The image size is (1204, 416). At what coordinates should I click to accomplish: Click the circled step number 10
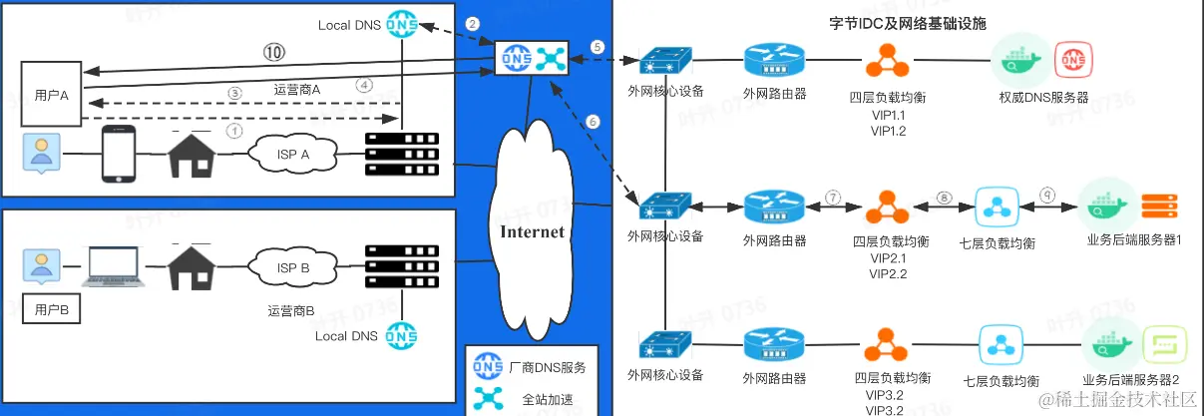273,51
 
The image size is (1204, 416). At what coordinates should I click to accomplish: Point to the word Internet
532,231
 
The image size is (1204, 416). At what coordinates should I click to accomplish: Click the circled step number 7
832,197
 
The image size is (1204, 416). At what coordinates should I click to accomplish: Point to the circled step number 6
595,121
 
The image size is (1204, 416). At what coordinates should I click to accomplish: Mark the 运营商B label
291,310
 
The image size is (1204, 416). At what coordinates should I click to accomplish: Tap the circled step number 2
473,24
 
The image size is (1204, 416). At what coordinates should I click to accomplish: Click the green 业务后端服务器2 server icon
1162,345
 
